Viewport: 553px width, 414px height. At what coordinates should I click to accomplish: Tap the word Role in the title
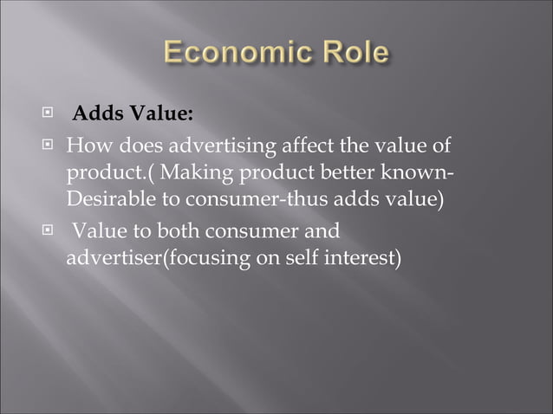click(x=353, y=53)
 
